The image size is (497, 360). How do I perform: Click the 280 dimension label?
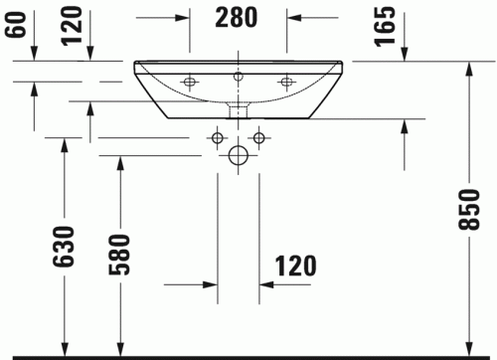[x=237, y=17]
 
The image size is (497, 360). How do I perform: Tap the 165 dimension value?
[x=387, y=23]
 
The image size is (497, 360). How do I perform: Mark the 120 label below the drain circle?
[x=295, y=267]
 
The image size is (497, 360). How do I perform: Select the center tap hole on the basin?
[x=238, y=76]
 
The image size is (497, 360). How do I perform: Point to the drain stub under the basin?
[x=238, y=108]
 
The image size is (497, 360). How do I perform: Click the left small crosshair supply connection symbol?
[x=217, y=136]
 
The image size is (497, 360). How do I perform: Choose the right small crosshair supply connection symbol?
[x=258, y=136]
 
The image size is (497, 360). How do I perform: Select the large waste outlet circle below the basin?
[x=238, y=155]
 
